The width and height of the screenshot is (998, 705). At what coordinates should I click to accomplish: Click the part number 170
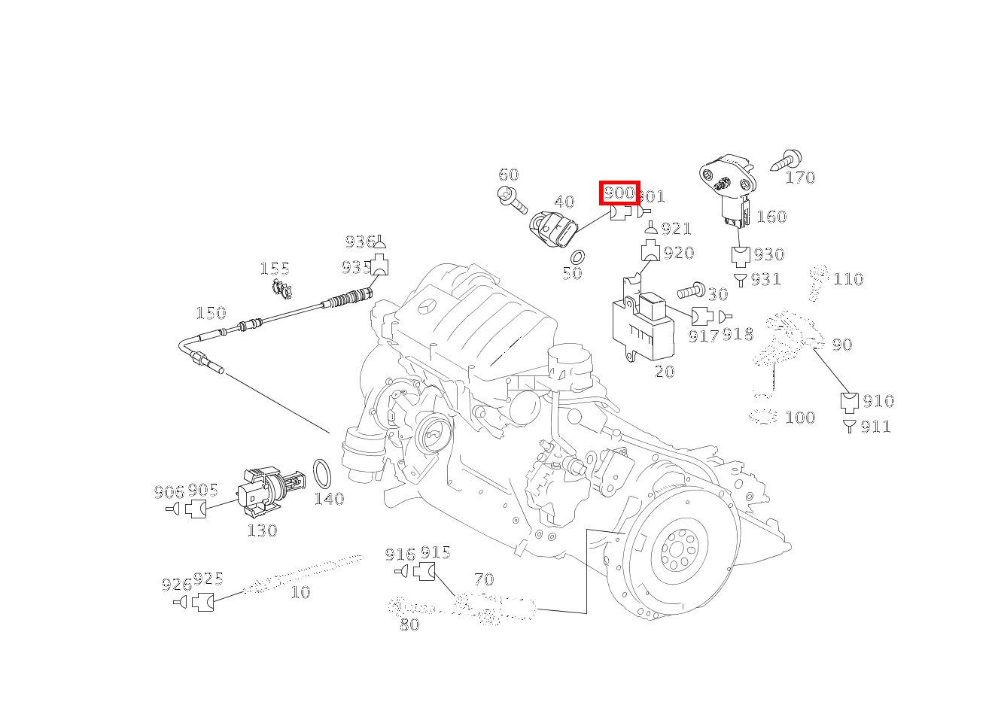coord(800,178)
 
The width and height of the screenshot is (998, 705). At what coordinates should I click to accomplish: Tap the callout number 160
coord(771,217)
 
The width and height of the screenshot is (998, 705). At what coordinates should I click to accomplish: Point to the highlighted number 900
coord(619,193)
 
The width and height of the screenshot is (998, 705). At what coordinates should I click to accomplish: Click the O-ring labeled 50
coord(579,257)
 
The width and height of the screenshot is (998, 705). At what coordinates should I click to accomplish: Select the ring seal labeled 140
coord(323,473)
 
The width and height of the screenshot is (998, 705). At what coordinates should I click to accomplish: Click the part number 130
coord(262,530)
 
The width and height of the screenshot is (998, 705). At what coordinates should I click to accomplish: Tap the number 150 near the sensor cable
coord(211,313)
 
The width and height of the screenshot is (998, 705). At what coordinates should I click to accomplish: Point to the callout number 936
coord(360,242)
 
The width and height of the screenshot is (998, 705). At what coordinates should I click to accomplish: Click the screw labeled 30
coord(691,290)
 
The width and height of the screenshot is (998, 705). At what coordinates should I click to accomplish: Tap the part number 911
coord(876,427)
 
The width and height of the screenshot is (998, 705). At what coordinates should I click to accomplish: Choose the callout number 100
coord(800,418)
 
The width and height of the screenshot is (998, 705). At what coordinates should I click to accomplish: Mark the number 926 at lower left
coord(176,585)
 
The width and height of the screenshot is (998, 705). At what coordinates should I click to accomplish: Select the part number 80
coord(409,624)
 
